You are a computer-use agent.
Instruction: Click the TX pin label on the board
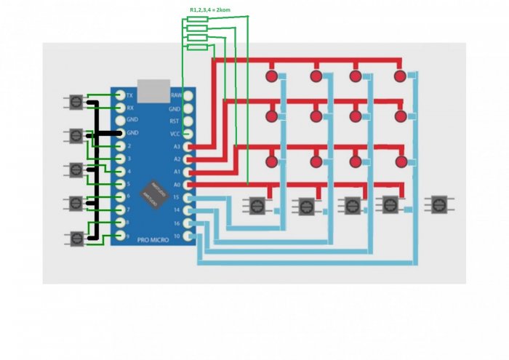click(x=129, y=96)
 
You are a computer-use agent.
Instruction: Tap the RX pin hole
click(x=119, y=108)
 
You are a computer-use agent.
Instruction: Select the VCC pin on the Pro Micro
click(x=188, y=134)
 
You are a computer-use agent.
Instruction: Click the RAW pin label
click(x=176, y=96)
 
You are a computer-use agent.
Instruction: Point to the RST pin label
click(x=175, y=121)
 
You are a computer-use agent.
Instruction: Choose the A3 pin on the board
click(x=188, y=146)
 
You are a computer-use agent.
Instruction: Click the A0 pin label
click(x=176, y=185)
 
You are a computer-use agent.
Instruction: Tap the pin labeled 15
click(x=188, y=197)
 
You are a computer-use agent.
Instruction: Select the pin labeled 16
click(x=188, y=223)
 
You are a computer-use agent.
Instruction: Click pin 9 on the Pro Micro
click(x=119, y=236)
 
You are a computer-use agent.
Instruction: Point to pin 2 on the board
click(x=119, y=146)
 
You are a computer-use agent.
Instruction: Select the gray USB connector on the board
click(x=153, y=89)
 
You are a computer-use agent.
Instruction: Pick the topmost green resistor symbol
click(x=197, y=20)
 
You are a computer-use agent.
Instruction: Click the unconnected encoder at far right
click(x=438, y=205)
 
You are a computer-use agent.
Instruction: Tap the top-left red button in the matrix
click(x=272, y=76)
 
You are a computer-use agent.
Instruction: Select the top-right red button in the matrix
click(x=399, y=76)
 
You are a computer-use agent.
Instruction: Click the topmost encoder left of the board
click(x=76, y=103)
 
